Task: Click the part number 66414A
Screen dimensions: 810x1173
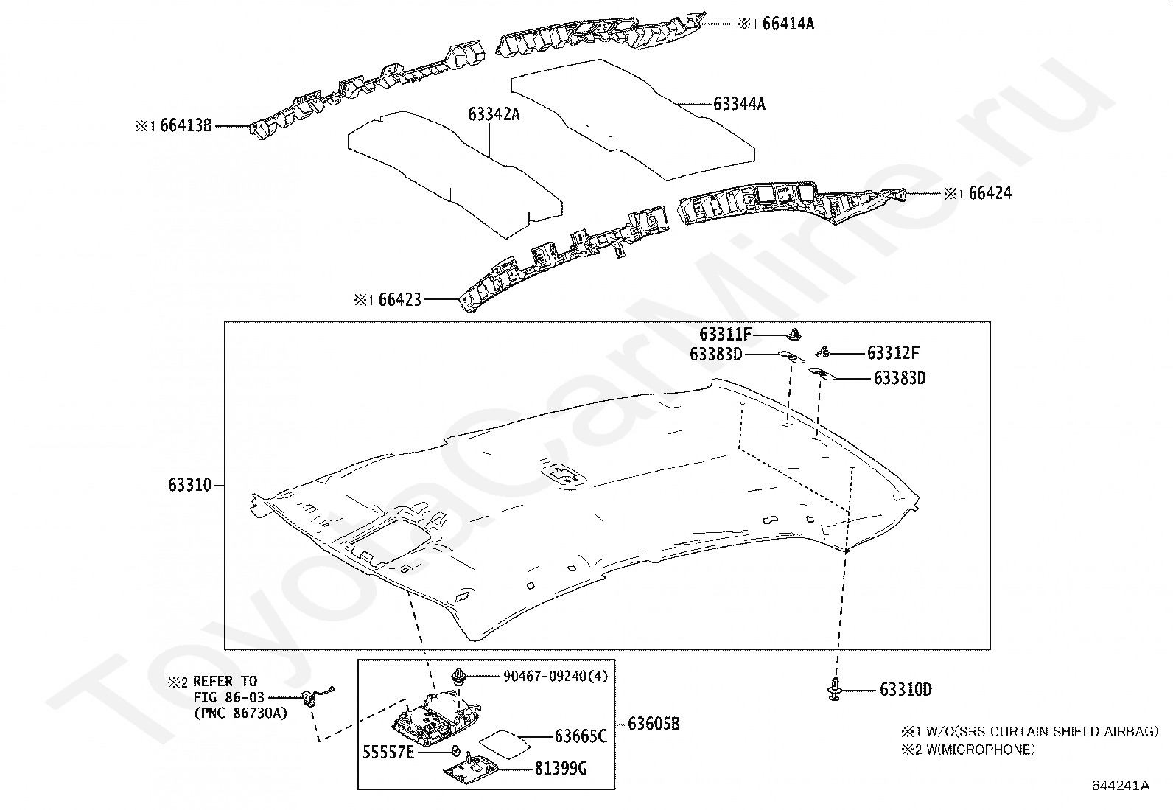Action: pyautogui.click(x=788, y=24)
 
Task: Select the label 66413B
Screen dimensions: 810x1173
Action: pyautogui.click(x=186, y=126)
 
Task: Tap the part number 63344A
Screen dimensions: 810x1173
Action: pyautogui.click(x=739, y=104)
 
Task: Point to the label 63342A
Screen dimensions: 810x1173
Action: pyautogui.click(x=494, y=114)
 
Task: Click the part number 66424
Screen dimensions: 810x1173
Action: pyautogui.click(x=990, y=194)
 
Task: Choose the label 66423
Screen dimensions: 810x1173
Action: pyautogui.click(x=399, y=300)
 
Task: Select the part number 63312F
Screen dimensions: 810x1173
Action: pyautogui.click(x=893, y=353)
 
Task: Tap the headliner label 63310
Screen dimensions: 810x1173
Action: pyautogui.click(x=189, y=486)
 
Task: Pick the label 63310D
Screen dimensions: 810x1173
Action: pyautogui.click(x=906, y=690)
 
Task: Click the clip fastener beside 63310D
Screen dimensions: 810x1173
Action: pyautogui.click(x=833, y=688)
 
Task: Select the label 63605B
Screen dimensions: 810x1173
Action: pyautogui.click(x=654, y=724)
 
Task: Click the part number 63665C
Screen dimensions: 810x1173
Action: pyautogui.click(x=581, y=736)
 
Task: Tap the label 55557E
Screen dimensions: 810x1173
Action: pyautogui.click(x=388, y=753)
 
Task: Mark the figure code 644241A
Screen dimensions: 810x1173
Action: pyautogui.click(x=1120, y=786)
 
